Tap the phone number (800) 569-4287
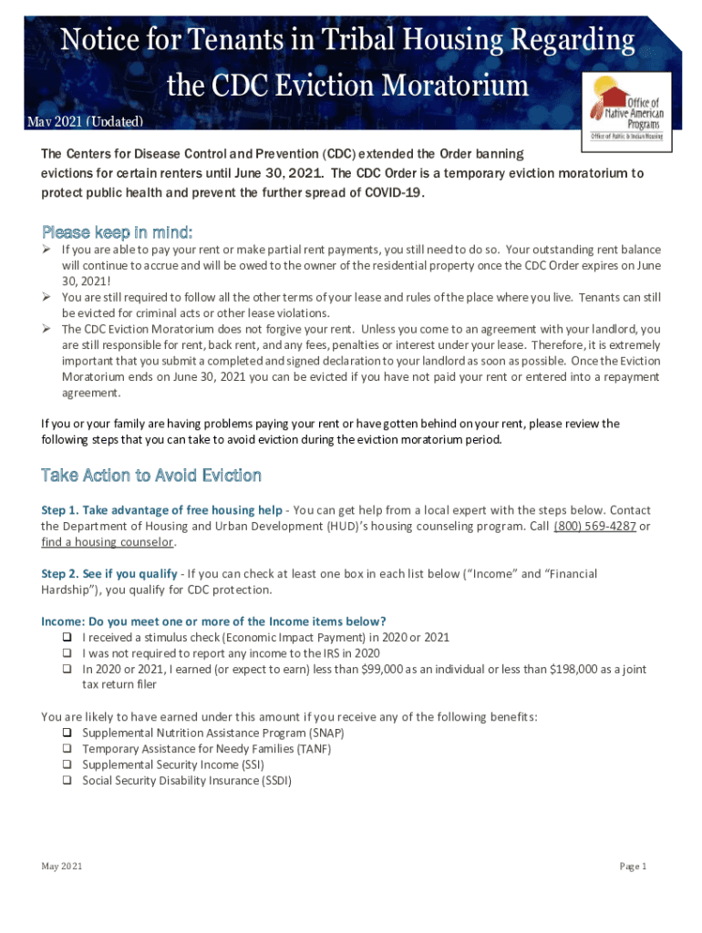coord(594,527)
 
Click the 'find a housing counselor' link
coord(108,542)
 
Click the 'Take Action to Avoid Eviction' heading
coord(151,476)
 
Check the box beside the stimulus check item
coord(68,638)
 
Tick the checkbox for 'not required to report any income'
coord(68,653)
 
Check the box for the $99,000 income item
coord(68,669)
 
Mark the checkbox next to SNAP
coord(68,733)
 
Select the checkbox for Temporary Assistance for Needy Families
coord(68,749)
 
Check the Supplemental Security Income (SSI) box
coord(68,764)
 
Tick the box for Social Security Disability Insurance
coord(68,781)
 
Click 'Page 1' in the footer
coord(633,866)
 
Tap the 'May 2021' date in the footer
coord(62,866)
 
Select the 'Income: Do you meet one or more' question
coord(220,621)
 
